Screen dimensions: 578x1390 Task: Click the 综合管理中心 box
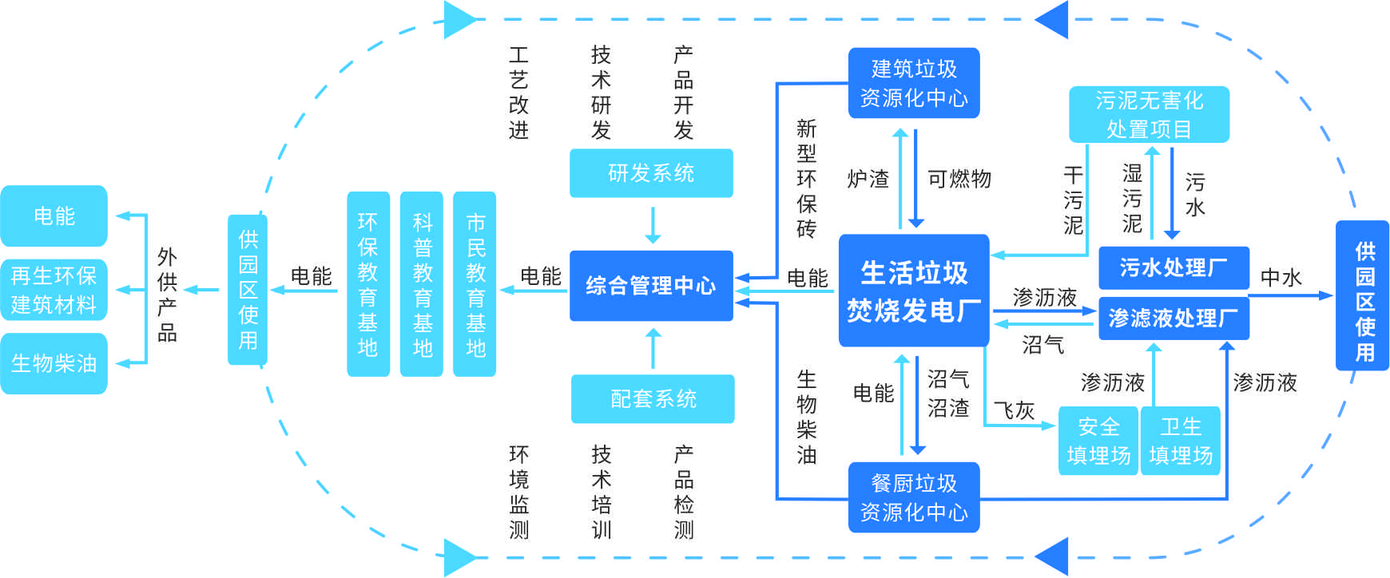pyautogui.click(x=651, y=286)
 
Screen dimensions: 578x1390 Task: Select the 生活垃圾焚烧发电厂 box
pyautogui.click(x=913, y=291)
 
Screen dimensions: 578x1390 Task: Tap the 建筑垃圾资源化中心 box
pyautogui.click(x=913, y=83)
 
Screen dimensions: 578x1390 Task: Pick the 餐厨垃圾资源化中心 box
pyautogui.click(x=913, y=497)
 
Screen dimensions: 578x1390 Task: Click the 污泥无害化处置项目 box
pyautogui.click(x=1149, y=114)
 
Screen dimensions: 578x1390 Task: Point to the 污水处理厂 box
pyautogui.click(x=1173, y=267)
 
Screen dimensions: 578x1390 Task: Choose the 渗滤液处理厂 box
pyautogui.click(x=1173, y=319)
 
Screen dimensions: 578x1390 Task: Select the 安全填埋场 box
pyautogui.click(x=1098, y=441)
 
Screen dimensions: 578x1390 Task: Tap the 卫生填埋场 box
pyautogui.click(x=1180, y=441)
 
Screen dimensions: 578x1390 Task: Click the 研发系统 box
pyautogui.click(x=651, y=172)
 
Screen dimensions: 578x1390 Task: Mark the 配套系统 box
pyautogui.click(x=653, y=398)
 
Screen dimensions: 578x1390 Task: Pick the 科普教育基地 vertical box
pyautogui.click(x=422, y=283)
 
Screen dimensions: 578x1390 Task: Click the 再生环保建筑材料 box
pyautogui.click(x=54, y=290)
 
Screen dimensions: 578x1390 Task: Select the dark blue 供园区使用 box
pyautogui.click(x=1363, y=295)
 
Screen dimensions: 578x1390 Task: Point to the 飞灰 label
pyautogui.click(x=1014, y=410)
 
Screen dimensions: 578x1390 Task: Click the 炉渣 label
pyautogui.click(x=868, y=179)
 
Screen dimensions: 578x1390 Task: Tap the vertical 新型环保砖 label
pyautogui.click(x=806, y=179)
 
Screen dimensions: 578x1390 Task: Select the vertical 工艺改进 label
pyautogui.click(x=518, y=93)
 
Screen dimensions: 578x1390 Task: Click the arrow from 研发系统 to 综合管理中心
pyautogui.click(x=653, y=225)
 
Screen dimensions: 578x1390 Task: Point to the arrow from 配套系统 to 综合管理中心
pyautogui.click(x=653, y=349)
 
